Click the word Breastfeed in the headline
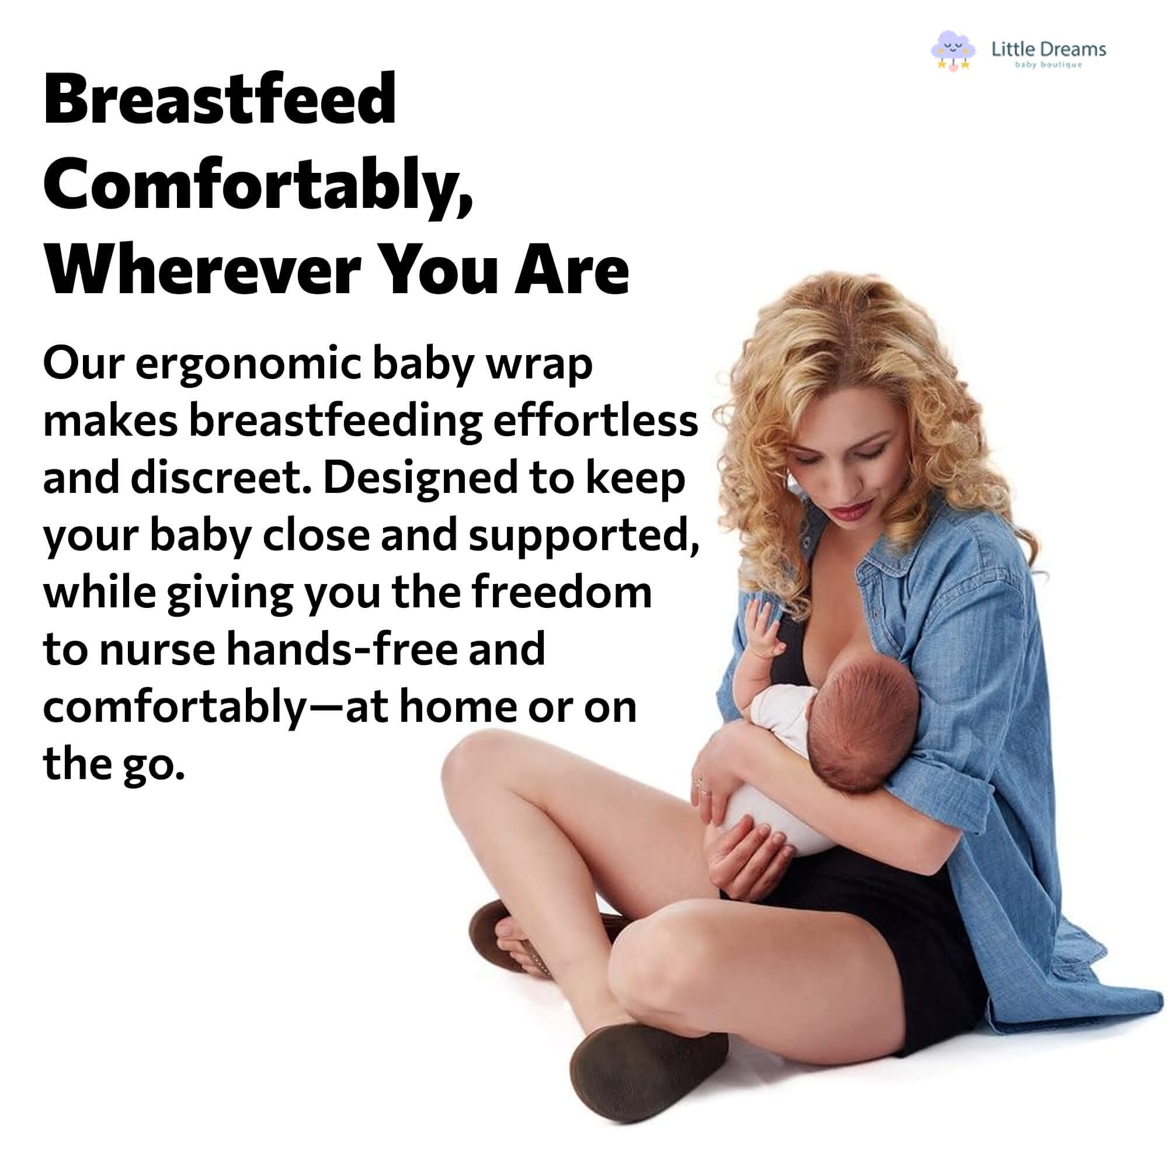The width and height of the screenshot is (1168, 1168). coord(220,99)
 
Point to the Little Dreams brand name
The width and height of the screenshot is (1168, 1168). coord(1048,49)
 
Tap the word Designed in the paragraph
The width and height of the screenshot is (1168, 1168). coord(419,478)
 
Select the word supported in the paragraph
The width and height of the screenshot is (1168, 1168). coord(583,536)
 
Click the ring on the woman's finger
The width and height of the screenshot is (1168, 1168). coord(702,786)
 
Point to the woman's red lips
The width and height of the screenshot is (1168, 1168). coord(849,511)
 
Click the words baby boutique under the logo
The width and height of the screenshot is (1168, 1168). coord(1048,65)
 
